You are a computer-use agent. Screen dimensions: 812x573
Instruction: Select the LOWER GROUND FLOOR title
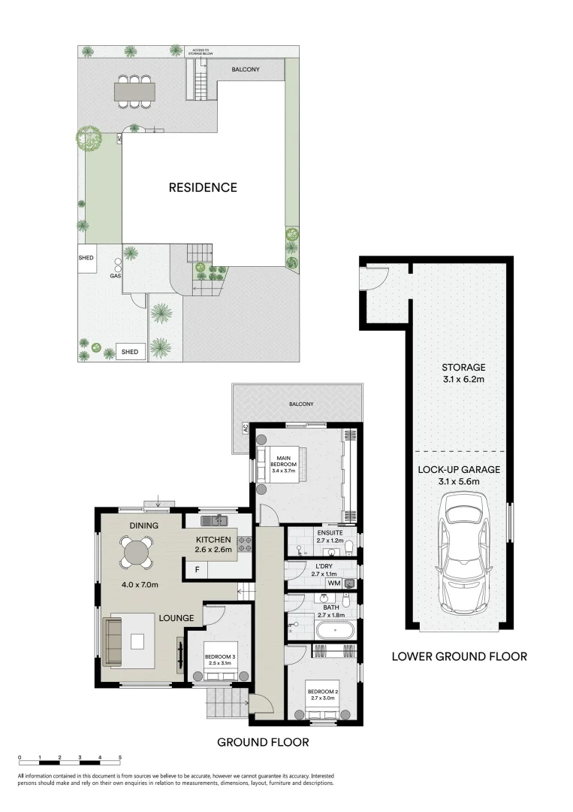[x=459, y=656]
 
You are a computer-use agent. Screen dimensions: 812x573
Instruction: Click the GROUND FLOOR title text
[x=263, y=742]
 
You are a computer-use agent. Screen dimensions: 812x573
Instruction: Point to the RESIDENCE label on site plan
[x=202, y=187]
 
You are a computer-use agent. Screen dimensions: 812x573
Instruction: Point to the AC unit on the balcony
[x=245, y=429]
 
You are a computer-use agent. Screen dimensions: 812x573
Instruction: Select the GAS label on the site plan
[x=116, y=276]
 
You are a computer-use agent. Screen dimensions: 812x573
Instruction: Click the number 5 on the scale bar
[x=120, y=758]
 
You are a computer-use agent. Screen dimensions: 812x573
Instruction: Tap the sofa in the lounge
[x=115, y=640]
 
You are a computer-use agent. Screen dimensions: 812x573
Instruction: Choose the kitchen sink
[x=217, y=520]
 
